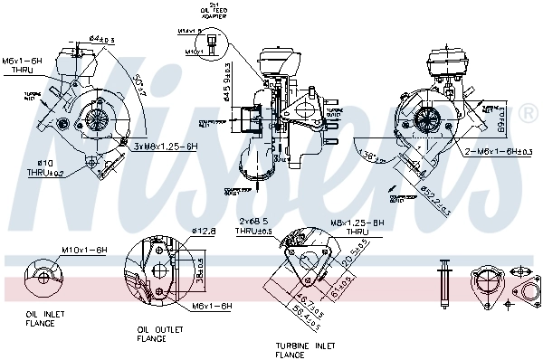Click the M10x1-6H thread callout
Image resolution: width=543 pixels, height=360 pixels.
coord(84,249)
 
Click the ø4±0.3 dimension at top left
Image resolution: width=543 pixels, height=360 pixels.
coord(101,39)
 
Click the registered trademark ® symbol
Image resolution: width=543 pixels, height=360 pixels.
coord(529,113)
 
